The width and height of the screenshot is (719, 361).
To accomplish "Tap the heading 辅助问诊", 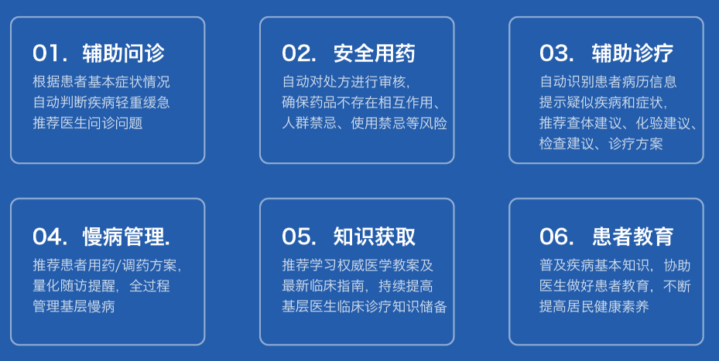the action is click(123, 53).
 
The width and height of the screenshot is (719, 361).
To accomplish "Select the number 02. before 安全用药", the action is click(299, 53).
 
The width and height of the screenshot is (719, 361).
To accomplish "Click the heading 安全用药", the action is click(374, 53).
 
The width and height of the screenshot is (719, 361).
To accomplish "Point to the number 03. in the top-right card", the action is click(556, 53).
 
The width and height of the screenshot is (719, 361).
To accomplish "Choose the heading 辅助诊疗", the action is click(632, 53).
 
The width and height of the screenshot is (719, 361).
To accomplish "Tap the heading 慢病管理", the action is click(126, 237).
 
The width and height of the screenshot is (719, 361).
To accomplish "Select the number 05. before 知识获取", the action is click(299, 237).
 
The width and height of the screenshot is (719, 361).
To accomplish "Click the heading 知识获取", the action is click(374, 237).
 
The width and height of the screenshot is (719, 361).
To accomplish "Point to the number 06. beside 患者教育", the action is click(556, 237).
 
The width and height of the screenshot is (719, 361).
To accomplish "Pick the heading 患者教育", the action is click(632, 237).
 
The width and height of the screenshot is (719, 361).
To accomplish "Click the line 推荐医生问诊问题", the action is click(87, 123).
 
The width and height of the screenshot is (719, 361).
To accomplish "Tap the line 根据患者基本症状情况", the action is click(101, 81).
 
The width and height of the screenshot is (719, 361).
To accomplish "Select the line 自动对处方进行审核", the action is click(346, 81).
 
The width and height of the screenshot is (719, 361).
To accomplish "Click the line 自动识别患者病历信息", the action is click(608, 81).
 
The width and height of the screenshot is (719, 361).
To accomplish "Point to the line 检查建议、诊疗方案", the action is click(601, 144).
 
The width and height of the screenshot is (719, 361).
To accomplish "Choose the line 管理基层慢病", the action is click(74, 306).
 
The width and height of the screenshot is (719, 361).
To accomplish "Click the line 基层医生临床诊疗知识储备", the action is click(365, 306).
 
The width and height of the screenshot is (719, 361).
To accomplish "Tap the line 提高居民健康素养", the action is click(594, 306).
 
